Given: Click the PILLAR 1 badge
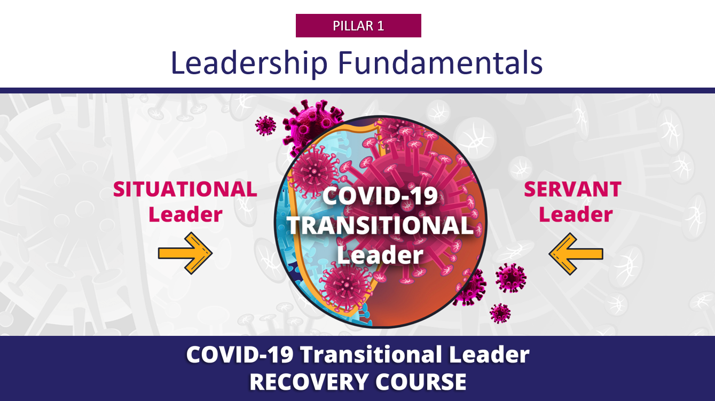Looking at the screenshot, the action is point(358,26).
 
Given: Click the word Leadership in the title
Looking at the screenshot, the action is point(249,62).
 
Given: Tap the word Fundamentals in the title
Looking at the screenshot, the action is point(440,62).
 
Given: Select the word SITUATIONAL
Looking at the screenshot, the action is point(185,189).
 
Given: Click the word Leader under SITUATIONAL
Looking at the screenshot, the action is point(185,214).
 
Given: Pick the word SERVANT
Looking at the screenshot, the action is point(572,189).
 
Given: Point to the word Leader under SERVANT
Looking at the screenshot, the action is point(576,214).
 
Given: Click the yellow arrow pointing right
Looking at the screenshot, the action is point(185,254).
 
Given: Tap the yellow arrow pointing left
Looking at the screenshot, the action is point(576,254).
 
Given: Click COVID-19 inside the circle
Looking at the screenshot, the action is point(380,195).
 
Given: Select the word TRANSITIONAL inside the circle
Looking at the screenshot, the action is point(380,225).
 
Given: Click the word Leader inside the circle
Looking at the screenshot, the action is point(380,255).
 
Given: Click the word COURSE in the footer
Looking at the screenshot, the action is point(421,382).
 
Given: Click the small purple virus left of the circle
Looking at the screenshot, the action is point(265,125).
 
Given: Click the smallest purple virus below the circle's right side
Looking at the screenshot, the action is point(500,313).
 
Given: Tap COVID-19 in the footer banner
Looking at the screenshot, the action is point(240,355).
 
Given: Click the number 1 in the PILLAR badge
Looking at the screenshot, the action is point(381,26).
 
